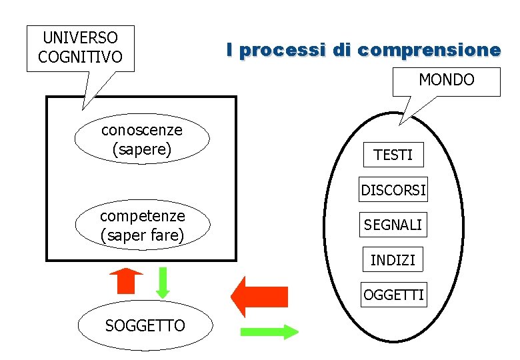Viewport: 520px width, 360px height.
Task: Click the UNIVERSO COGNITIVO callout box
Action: point(80,48)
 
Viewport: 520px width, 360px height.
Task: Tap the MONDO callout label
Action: point(446,81)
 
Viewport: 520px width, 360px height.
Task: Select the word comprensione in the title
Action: point(428,50)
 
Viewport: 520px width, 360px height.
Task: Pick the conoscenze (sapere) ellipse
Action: point(141,138)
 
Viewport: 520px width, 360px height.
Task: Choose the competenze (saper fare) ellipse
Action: point(142,225)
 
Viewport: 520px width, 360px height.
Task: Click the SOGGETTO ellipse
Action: point(145,325)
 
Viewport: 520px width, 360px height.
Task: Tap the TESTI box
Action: point(393,155)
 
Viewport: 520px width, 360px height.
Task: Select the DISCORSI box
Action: point(393,190)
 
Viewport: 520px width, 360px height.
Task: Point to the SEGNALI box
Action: point(393,225)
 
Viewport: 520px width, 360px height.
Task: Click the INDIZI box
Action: point(393,260)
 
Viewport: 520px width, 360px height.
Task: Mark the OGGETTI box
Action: point(393,295)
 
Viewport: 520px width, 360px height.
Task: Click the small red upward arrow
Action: point(126,281)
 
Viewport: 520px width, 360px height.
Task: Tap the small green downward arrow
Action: point(163,281)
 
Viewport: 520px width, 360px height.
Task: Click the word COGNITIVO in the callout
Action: point(80,57)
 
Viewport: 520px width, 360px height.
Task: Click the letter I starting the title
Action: point(229,49)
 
